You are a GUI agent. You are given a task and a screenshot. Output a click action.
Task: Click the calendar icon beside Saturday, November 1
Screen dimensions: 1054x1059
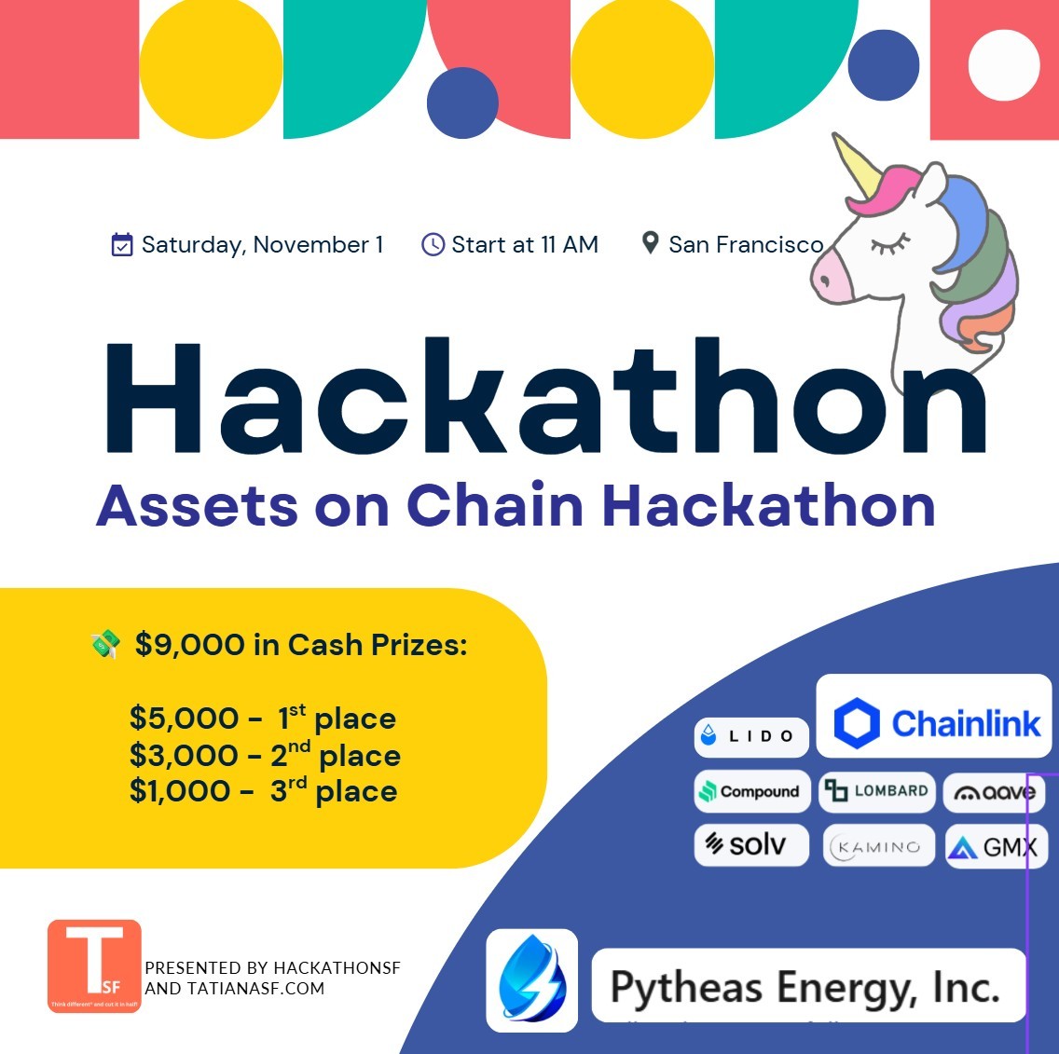pyautogui.click(x=121, y=245)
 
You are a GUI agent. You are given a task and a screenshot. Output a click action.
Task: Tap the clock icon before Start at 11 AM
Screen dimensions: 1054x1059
pyautogui.click(x=433, y=245)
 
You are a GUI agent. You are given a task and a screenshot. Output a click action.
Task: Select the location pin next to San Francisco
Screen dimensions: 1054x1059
pyautogui.click(x=651, y=243)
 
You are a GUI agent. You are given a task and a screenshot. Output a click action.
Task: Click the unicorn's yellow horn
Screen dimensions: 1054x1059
pyautogui.click(x=856, y=167)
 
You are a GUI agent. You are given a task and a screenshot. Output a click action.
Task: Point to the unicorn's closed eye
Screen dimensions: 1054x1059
pyautogui.click(x=890, y=245)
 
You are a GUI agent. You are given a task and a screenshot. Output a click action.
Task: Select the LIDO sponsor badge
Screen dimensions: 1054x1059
pyautogui.click(x=750, y=736)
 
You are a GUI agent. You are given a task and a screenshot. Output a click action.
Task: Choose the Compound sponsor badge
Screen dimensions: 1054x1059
pyautogui.click(x=750, y=791)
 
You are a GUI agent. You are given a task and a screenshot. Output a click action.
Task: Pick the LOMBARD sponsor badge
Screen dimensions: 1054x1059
pyautogui.click(x=876, y=791)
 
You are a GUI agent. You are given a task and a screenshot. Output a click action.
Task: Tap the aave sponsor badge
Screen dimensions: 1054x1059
pyautogui.click(x=994, y=793)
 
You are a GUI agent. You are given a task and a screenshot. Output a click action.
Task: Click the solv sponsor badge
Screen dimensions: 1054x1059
pyautogui.click(x=750, y=845)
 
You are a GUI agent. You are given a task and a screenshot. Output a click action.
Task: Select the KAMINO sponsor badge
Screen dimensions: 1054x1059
pyautogui.click(x=878, y=847)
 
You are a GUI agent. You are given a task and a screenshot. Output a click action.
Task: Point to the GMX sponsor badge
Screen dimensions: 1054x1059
pyautogui.click(x=994, y=847)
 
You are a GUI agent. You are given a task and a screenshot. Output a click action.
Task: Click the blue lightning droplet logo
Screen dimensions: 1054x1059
pyautogui.click(x=531, y=980)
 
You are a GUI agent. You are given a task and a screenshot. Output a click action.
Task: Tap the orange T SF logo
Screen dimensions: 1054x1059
pyautogui.click(x=94, y=966)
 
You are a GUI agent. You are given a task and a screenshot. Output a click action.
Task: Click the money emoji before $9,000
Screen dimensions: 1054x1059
pyautogui.click(x=105, y=644)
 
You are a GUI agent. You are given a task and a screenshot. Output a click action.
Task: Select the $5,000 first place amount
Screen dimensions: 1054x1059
pyautogui.click(x=185, y=719)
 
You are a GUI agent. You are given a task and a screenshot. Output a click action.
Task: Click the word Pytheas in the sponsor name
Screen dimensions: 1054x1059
pyautogui.click(x=685, y=988)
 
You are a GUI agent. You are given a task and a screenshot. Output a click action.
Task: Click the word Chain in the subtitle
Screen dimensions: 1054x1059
pyautogui.click(x=494, y=506)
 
